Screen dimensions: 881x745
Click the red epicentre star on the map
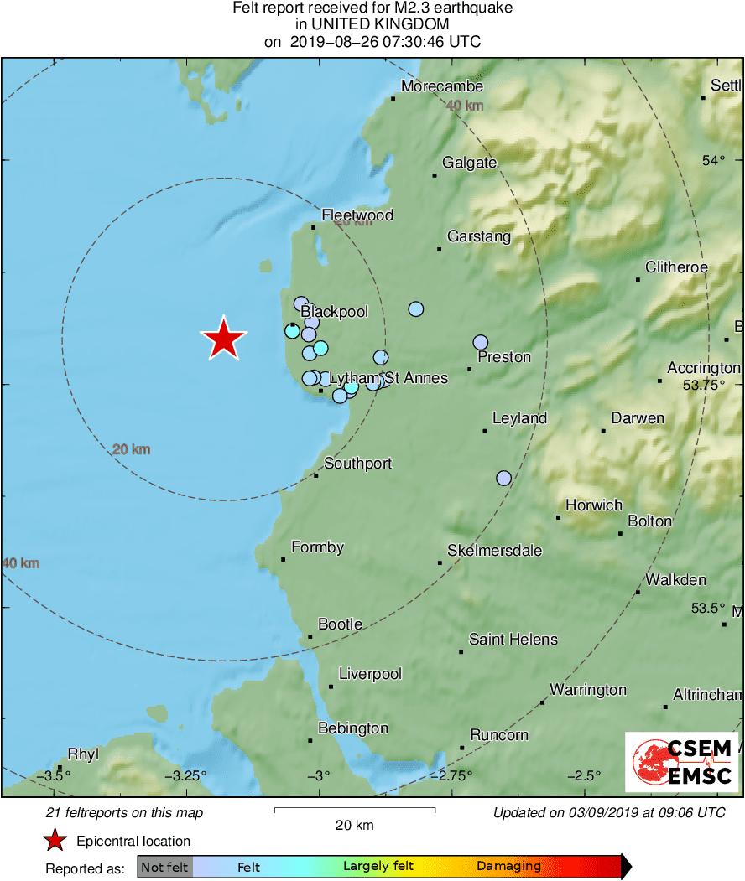223,339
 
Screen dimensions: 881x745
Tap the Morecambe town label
441,86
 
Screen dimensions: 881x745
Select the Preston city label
503,357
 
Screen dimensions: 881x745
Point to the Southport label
357,464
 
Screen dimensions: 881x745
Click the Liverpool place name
370,674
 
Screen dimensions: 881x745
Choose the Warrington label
587,690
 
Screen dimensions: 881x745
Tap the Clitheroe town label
676,267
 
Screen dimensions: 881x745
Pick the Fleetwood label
357,215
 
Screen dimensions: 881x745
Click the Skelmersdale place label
494,551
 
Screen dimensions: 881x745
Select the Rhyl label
83,753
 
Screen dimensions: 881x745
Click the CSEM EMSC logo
682,761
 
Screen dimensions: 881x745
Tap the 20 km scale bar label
354,826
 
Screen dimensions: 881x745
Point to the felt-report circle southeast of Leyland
503,478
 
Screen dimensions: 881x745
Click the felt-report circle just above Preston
480,342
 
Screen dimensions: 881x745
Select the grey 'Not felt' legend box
164,868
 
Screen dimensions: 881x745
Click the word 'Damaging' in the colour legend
508,867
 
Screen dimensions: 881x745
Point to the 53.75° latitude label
703,386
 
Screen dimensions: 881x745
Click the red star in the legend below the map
55,841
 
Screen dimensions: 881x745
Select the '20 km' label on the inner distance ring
131,450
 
